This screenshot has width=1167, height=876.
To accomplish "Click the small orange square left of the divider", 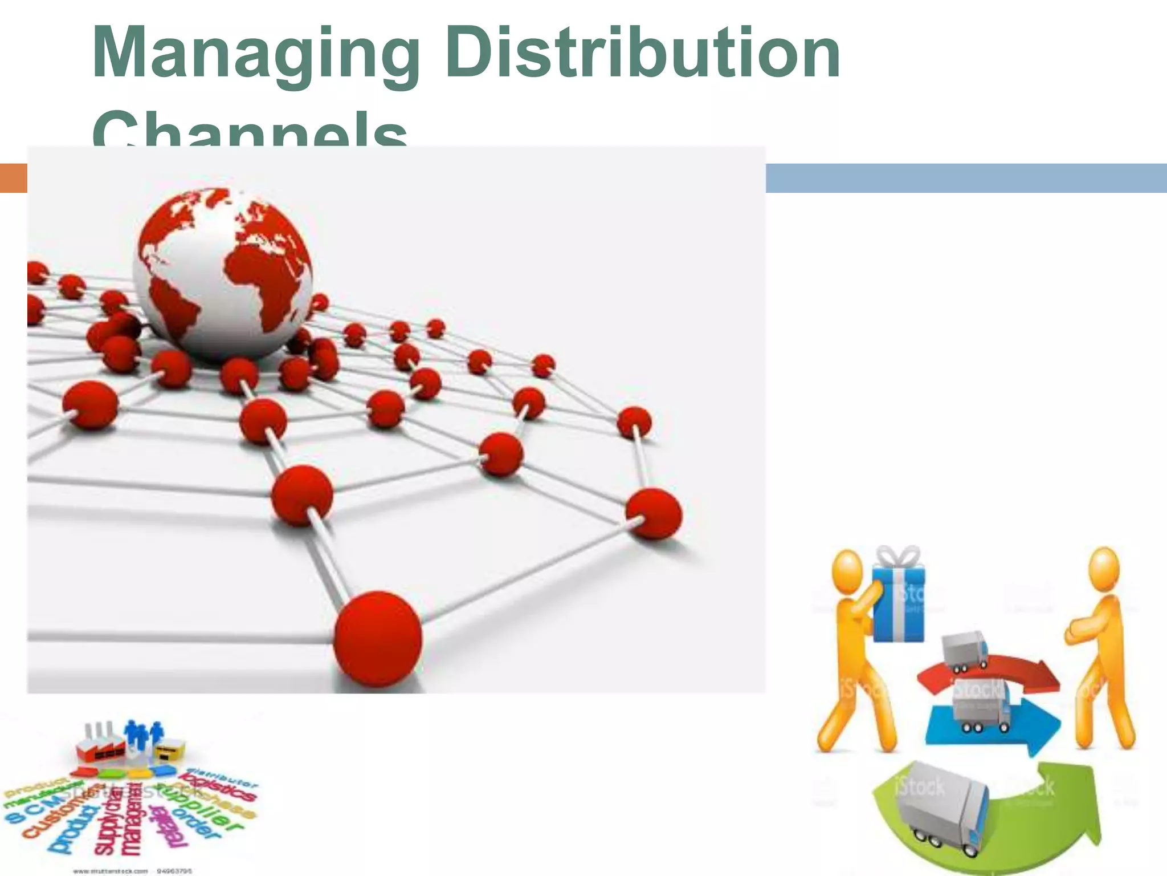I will coord(13,177).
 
